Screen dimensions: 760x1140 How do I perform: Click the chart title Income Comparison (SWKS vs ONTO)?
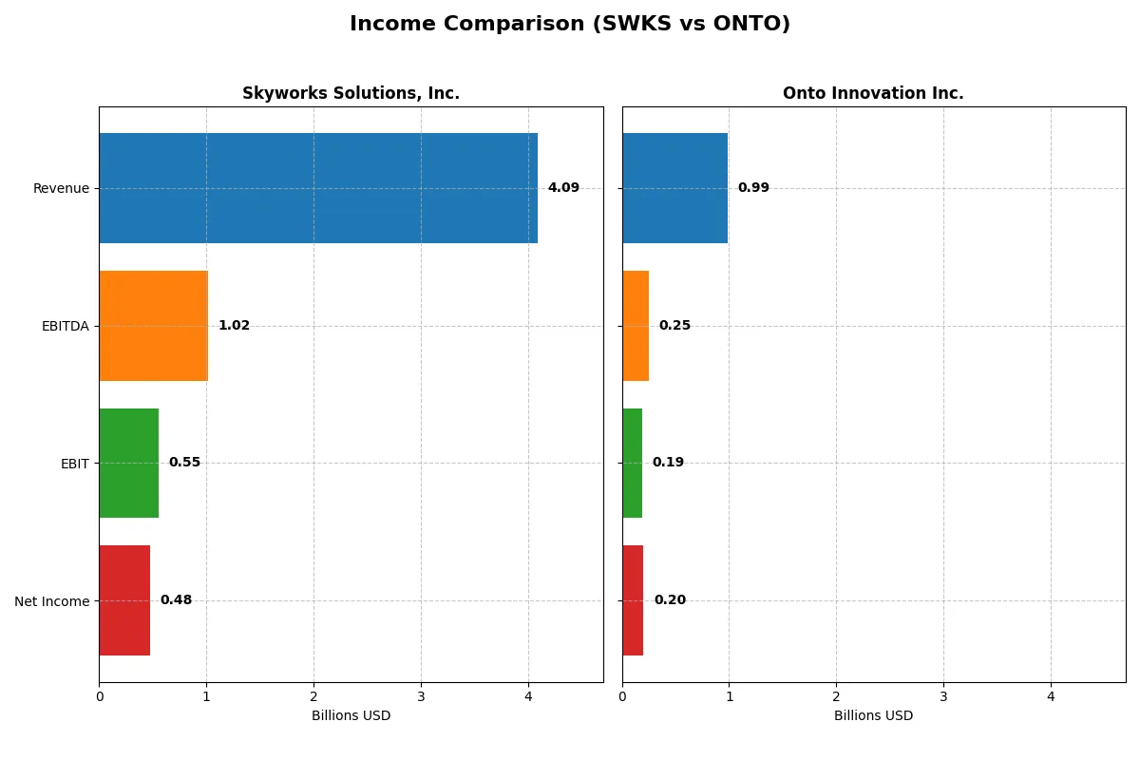pyautogui.click(x=569, y=24)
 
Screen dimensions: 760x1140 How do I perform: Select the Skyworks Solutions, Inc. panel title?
pyautogui.click(x=351, y=93)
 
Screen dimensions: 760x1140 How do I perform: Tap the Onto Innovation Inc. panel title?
pyautogui.click(x=873, y=93)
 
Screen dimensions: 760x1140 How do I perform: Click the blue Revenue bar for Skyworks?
pyautogui.click(x=318, y=188)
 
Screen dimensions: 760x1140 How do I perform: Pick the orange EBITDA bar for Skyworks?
pyautogui.click(x=153, y=326)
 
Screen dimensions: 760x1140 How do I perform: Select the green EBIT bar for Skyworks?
pyautogui.click(x=128, y=463)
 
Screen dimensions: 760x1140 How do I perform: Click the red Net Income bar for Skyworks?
pyautogui.click(x=124, y=600)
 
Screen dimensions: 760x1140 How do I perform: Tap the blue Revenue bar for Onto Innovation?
pyautogui.click(x=674, y=188)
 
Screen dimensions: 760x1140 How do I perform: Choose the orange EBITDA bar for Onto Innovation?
pyautogui.click(x=636, y=326)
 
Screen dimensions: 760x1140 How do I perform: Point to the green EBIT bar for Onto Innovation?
pyautogui.click(x=632, y=463)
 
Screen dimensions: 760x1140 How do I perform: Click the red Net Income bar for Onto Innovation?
pyautogui.click(x=633, y=600)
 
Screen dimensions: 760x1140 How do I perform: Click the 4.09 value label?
pyautogui.click(x=563, y=188)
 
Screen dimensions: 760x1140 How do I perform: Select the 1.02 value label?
pyautogui.click(x=234, y=326)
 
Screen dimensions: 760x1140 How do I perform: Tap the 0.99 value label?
pyautogui.click(x=753, y=188)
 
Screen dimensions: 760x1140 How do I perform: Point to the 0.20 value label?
pyautogui.click(x=670, y=600)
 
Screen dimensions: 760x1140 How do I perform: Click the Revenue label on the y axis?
pyautogui.click(x=61, y=188)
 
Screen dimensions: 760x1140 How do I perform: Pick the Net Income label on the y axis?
pyautogui.click(x=52, y=601)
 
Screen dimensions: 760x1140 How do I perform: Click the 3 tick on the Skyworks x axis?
pyautogui.click(x=421, y=696)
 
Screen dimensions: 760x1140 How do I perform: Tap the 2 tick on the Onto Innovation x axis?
pyautogui.click(x=836, y=696)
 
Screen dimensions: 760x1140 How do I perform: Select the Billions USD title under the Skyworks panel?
pyautogui.click(x=351, y=716)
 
